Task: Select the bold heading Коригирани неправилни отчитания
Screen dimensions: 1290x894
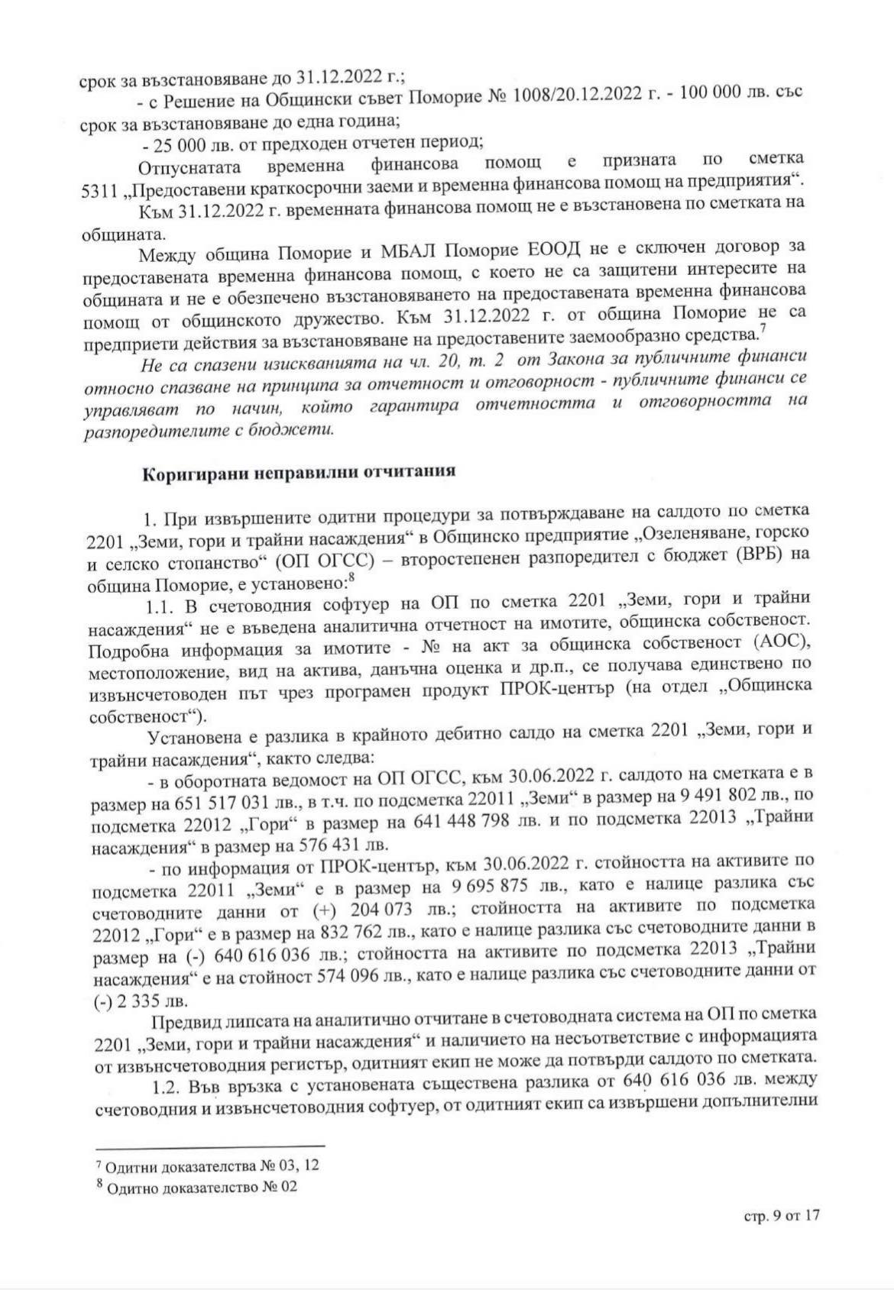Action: pos(299,471)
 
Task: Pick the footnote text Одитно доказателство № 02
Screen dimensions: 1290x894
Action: pos(202,1188)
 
